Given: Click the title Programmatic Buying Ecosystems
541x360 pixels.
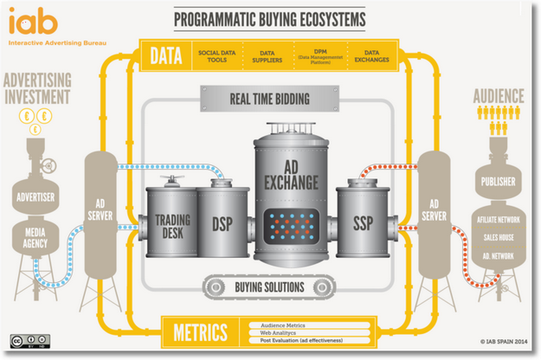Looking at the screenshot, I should (x=269, y=18).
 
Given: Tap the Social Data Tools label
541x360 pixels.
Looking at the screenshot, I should (x=216, y=57).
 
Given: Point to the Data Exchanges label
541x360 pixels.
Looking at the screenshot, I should (x=371, y=57).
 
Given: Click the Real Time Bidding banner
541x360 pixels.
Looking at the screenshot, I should (x=268, y=99).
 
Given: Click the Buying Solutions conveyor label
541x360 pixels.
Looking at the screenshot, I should (x=269, y=285).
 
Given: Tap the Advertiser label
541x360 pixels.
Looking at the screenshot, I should (x=35, y=196).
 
